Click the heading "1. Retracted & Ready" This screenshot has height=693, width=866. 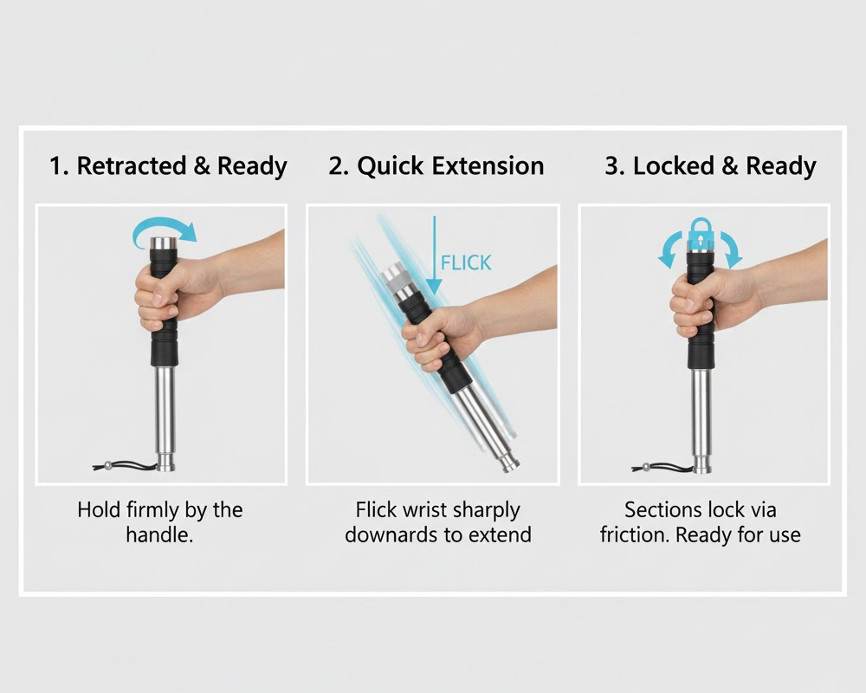(x=168, y=166)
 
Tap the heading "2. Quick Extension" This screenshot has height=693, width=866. (x=436, y=166)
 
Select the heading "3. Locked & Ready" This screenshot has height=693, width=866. (x=710, y=166)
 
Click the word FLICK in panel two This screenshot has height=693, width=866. (x=466, y=262)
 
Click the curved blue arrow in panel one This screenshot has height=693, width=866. (x=165, y=229)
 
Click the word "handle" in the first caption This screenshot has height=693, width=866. (x=157, y=534)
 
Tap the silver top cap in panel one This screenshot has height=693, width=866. (x=162, y=244)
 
